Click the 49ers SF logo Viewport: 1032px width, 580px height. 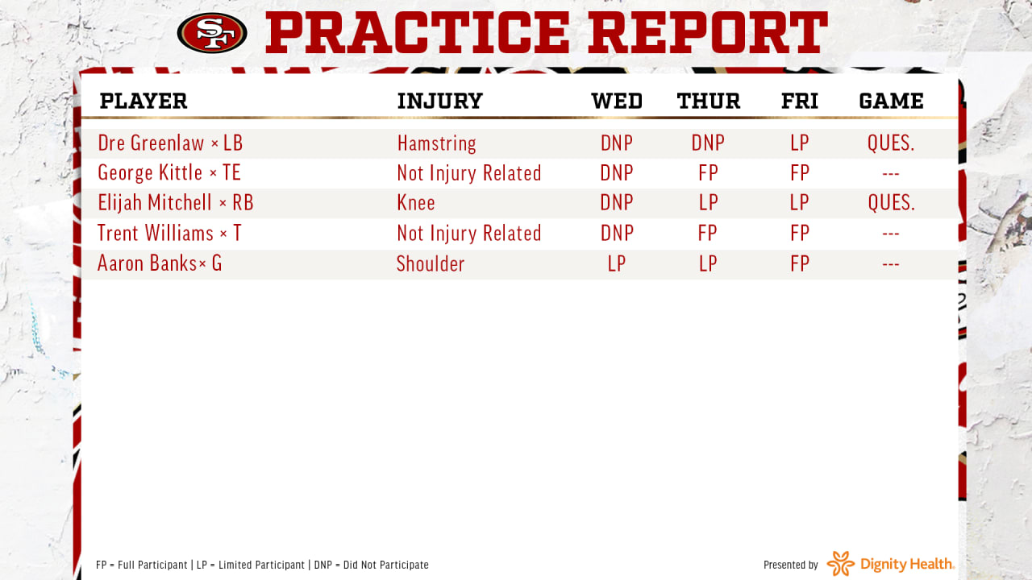[x=212, y=33]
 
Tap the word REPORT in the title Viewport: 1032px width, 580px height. [x=708, y=33]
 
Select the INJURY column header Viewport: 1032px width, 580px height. [x=440, y=101]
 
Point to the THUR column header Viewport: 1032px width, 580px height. [x=709, y=101]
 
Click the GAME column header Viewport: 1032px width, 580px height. [x=891, y=101]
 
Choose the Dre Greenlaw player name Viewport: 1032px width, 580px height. [x=151, y=143]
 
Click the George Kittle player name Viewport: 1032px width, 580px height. [x=150, y=173]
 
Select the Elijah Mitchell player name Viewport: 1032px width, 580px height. [x=155, y=203]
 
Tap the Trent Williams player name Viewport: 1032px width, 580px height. [x=156, y=233]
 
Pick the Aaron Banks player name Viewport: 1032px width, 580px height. [x=147, y=263]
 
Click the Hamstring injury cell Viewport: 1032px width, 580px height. [x=436, y=143]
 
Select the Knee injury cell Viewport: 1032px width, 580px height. [x=416, y=203]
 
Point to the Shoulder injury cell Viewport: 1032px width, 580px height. [x=431, y=263]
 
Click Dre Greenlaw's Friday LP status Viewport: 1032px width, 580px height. [x=799, y=143]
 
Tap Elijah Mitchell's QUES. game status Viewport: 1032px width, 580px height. [x=891, y=203]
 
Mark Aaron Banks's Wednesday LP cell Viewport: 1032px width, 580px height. [x=617, y=263]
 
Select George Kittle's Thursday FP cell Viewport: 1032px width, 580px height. [x=708, y=173]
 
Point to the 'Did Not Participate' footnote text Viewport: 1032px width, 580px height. [x=385, y=565]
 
